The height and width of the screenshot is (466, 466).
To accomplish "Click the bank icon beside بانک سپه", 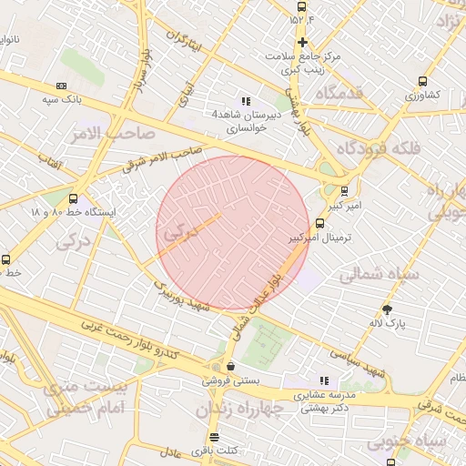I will (62, 85).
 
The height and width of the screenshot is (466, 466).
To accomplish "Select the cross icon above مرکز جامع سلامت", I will (302, 42).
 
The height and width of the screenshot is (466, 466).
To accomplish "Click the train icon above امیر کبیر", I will (344, 191).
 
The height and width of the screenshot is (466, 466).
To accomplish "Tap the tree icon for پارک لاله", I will (387, 309).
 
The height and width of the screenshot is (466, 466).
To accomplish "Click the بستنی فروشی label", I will (229, 380).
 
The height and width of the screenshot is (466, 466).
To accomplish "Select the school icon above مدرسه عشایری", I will (323, 380).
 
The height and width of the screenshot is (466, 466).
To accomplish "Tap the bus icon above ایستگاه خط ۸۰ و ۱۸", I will (73, 198).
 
